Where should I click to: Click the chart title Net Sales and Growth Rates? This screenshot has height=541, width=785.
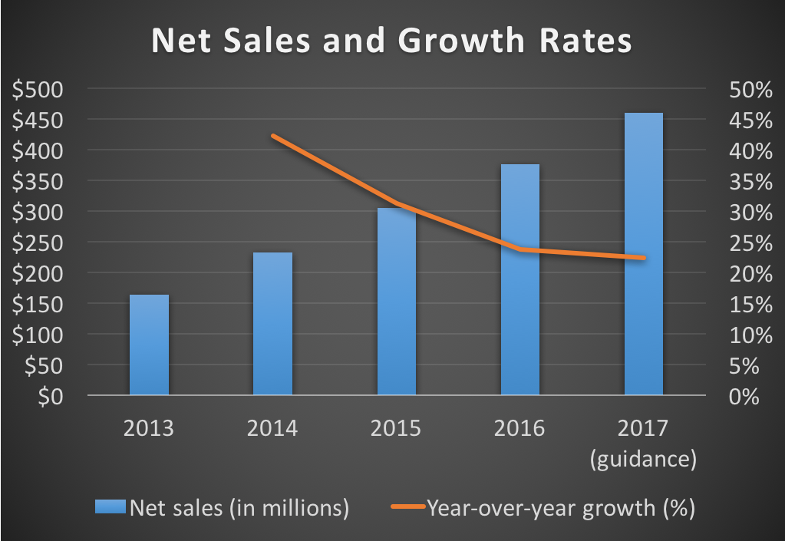tap(391, 41)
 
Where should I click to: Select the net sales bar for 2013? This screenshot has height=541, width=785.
tap(149, 345)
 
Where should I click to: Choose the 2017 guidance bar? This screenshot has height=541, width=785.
tap(643, 254)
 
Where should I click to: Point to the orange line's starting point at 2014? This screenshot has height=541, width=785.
tap(273, 136)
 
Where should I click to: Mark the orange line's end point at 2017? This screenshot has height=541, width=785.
tap(643, 258)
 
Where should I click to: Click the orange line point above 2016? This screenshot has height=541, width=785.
tap(520, 249)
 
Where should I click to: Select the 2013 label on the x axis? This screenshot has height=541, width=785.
tap(149, 427)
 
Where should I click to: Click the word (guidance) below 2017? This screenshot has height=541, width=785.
tap(643, 460)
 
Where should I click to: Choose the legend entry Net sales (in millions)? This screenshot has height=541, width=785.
tap(223, 507)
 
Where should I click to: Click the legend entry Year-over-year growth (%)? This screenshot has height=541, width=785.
tap(543, 507)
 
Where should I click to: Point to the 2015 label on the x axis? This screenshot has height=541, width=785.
tap(396, 427)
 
